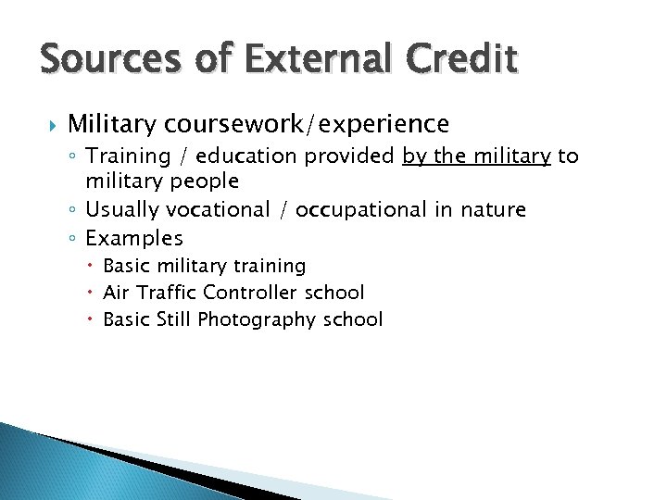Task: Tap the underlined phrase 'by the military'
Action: click(477, 156)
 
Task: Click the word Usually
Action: click(122, 210)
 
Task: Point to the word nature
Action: click(491, 210)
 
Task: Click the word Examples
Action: click(134, 238)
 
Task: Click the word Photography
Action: click(254, 319)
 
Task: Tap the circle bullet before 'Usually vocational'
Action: click(74, 211)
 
